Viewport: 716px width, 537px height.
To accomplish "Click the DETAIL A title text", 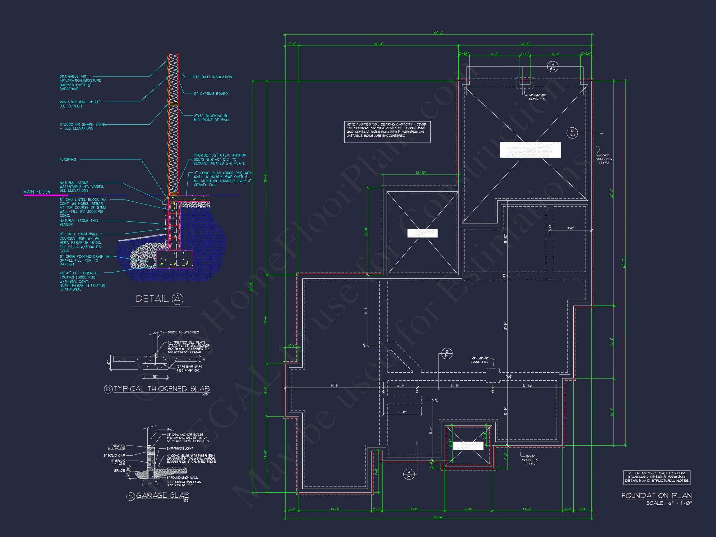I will [159, 299].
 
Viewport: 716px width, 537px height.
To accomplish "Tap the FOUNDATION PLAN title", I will [656, 496].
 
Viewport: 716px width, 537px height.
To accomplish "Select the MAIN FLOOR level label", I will [37, 192].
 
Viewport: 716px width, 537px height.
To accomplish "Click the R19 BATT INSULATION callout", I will [212, 77].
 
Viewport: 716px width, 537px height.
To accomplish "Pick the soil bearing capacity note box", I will [387, 132].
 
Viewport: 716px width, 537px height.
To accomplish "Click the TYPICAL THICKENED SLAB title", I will [161, 389].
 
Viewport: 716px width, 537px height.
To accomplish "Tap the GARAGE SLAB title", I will [163, 496].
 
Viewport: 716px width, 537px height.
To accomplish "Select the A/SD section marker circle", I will [553, 67].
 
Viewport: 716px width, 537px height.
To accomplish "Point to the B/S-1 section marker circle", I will [447, 354].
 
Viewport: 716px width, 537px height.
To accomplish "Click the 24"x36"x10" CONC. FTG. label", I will [537, 97].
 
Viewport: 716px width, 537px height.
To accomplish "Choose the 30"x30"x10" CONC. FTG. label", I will [480, 360].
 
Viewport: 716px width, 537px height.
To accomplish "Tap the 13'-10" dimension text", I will [420, 173].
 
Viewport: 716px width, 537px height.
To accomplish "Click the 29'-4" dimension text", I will [379, 44].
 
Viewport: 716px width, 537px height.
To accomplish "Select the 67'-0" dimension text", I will [623, 263].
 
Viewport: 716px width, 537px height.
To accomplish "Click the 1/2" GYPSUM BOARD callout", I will [211, 94].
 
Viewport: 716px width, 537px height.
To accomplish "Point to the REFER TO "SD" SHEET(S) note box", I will [657, 477].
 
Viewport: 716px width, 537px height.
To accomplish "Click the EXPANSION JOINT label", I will [180, 448].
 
